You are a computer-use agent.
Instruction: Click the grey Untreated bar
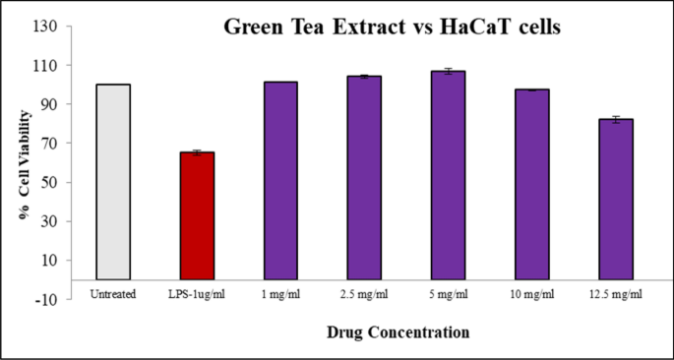coord(114,182)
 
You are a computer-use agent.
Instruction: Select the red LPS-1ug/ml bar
coord(197,216)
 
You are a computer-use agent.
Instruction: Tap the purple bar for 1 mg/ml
coord(280,181)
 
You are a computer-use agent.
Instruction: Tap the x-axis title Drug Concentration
coord(398,332)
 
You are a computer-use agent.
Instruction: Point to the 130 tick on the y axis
coord(46,27)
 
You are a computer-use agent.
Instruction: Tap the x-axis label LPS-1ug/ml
coord(197,294)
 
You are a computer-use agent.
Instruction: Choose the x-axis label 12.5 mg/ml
coord(615,294)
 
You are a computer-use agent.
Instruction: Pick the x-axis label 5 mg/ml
coord(448,294)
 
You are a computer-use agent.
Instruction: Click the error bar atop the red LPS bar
coord(197,152)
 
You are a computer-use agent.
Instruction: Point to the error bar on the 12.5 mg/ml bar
coord(615,119)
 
